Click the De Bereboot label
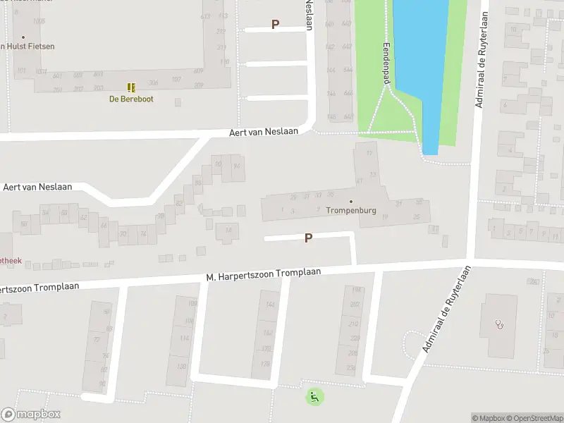pyautogui.click(x=130, y=99)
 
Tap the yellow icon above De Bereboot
pyautogui.click(x=130, y=87)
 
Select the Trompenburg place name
pyautogui.click(x=351, y=210)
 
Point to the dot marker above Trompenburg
pyautogui.click(x=351, y=201)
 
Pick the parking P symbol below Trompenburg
pyautogui.click(x=308, y=238)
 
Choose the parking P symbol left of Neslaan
pyautogui.click(x=276, y=24)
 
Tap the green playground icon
pyautogui.click(x=314, y=397)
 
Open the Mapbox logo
pyautogui.click(x=31, y=415)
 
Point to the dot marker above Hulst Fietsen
pyautogui.click(x=23, y=37)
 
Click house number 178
pyautogui.click(x=265, y=364)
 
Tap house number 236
pyautogui.click(x=352, y=368)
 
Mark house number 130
pyautogui.click(x=181, y=366)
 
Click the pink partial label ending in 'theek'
pyautogui.click(x=11, y=260)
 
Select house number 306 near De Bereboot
pyautogui.click(x=153, y=82)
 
